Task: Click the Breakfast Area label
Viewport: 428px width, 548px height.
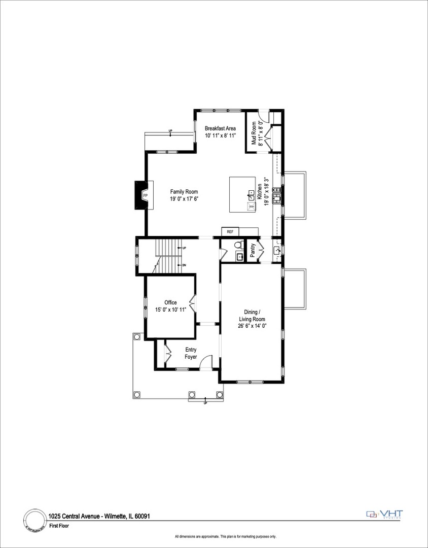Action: (220, 128)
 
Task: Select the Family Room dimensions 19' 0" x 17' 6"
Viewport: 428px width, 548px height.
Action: (184, 199)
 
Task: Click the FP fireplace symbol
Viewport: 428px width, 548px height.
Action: (145, 196)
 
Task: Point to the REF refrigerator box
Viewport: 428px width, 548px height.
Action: (230, 232)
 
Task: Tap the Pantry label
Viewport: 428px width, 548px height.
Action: (253, 250)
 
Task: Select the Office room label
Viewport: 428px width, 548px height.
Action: (170, 302)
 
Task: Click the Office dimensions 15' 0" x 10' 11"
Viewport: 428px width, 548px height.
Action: (170, 310)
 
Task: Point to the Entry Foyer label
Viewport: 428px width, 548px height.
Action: (191, 353)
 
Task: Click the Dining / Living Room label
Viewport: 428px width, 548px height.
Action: (252, 315)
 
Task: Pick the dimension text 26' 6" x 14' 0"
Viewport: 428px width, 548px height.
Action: (252, 326)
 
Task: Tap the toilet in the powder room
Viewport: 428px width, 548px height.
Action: (238, 246)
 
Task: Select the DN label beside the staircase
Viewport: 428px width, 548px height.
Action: (184, 265)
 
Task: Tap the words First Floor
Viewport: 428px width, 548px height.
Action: (59, 526)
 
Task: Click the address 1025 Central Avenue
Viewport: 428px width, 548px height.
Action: (75, 516)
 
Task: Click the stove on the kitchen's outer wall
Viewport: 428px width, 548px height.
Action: (277, 196)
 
